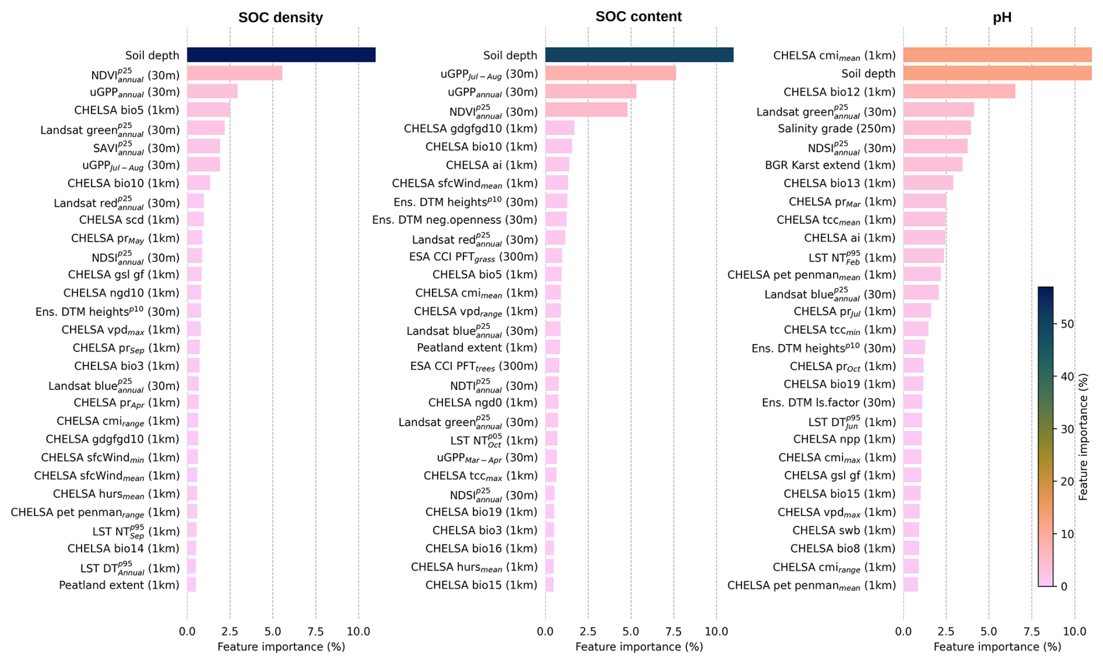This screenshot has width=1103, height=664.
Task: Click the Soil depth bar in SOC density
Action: coord(281,55)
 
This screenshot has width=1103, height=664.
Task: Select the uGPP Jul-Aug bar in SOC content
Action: coord(610,73)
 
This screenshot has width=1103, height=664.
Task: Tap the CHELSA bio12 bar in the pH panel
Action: coord(959,92)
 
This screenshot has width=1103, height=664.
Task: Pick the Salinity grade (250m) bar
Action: coord(937,128)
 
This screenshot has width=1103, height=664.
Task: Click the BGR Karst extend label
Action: coord(830,165)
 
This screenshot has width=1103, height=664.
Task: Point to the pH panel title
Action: coord(1002,17)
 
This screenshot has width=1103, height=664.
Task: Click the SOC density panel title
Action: coord(280,17)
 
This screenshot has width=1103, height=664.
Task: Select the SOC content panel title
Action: coord(638,16)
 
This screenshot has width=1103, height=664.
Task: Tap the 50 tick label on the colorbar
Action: coord(1067,324)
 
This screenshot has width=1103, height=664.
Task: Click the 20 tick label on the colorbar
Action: coord(1067,482)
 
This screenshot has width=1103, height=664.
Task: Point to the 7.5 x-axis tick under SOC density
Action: coord(315,631)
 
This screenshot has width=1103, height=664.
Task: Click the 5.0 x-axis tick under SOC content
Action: coord(631,631)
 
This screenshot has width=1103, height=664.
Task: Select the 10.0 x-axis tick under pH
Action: coord(1074,631)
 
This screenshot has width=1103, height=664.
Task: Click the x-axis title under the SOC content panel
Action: coord(639,647)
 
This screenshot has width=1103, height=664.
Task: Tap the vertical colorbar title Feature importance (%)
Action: coord(1083,437)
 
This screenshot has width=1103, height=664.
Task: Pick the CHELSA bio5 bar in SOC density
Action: coord(209,110)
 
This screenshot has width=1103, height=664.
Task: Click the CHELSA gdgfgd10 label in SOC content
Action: coord(470,129)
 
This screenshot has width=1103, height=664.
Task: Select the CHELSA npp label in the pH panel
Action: coord(844,440)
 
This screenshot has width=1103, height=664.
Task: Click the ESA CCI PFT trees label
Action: coord(473,367)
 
